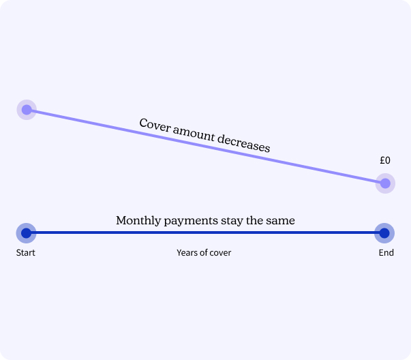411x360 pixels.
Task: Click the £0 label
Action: [x=385, y=161]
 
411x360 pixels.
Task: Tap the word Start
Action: [x=25, y=253]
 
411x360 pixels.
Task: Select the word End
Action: [x=386, y=253]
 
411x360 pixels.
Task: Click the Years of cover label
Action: [x=204, y=253]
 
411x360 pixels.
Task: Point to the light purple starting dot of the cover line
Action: [x=26, y=109]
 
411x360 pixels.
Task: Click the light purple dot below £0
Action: [x=385, y=183]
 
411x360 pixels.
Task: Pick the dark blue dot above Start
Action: [x=26, y=233]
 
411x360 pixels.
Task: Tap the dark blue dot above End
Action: [x=384, y=233]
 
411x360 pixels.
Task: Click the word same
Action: [x=281, y=221]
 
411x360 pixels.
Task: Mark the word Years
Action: [x=187, y=253]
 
